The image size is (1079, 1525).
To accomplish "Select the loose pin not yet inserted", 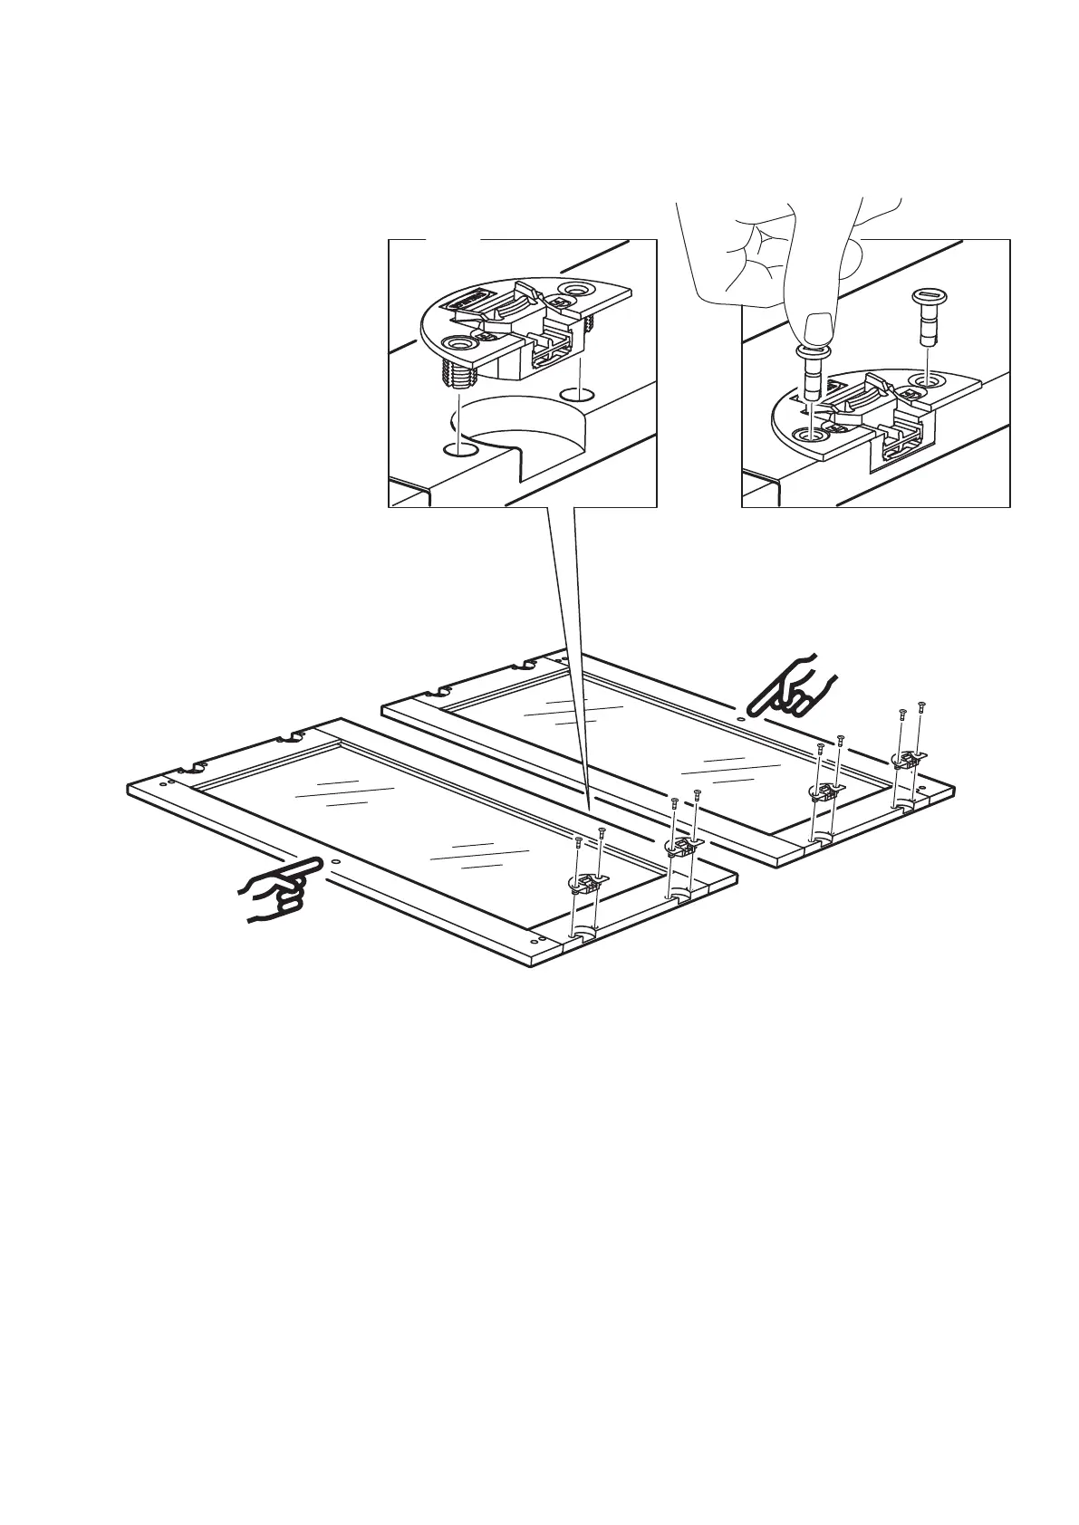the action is tap(926, 317).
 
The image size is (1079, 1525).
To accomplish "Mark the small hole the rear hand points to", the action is tap(742, 719).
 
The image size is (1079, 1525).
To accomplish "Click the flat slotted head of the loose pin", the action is tap(926, 296).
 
